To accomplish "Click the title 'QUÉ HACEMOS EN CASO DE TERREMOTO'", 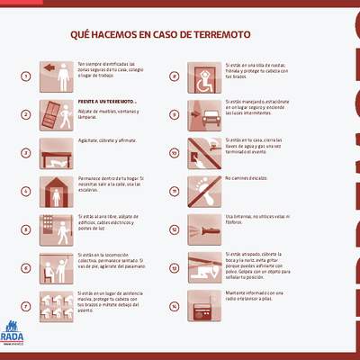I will [161, 35].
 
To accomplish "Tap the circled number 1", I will [26, 76].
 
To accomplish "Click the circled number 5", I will [26, 229].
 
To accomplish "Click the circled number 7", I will [26, 306].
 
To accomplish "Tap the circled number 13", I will [174, 267].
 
